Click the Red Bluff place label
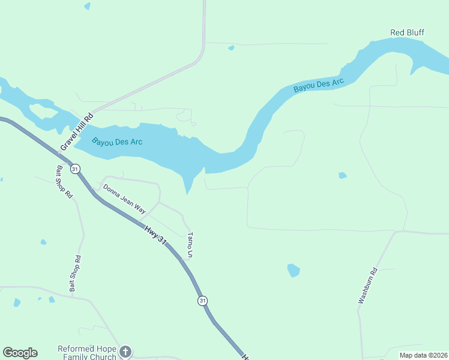tap(407, 32)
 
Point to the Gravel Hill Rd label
tap(77, 132)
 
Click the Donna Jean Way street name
tap(124, 199)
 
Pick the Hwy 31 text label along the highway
tap(155, 233)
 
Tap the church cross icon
tap(125, 352)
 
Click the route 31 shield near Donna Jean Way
tap(75, 169)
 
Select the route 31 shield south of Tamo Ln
tap(203, 300)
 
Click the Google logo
tap(20, 353)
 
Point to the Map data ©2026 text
tap(423, 355)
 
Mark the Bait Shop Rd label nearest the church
tap(74, 274)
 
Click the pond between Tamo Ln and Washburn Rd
tap(294, 270)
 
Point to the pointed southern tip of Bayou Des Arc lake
tap(188, 193)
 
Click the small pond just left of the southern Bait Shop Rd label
tap(43, 242)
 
